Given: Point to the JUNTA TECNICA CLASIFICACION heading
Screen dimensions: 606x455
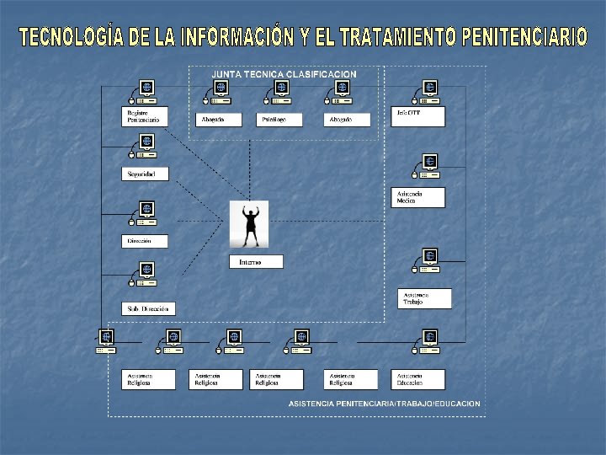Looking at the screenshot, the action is tap(284, 74).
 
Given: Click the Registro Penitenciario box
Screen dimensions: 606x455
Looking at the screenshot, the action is tap(146, 116).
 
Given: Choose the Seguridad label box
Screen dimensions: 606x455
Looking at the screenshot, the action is tap(145, 174).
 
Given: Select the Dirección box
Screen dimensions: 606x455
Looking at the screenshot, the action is tap(145, 241).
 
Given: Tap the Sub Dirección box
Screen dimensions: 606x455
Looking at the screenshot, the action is tap(149, 308).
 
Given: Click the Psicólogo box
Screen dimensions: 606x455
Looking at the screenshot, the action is tap(279, 120).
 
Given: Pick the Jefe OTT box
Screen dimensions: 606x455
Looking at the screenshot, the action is tap(417, 116).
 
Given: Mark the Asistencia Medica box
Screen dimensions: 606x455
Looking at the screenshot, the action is tap(417, 197).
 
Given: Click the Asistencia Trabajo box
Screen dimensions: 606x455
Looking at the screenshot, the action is tap(424, 298).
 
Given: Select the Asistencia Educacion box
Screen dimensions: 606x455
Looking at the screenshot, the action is tap(417, 379).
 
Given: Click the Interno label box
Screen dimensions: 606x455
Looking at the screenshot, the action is tap(256, 261).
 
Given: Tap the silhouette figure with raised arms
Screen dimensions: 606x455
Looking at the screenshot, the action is tap(249, 224).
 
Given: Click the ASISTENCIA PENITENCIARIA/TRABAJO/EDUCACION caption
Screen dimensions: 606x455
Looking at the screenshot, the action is tap(384, 404).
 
